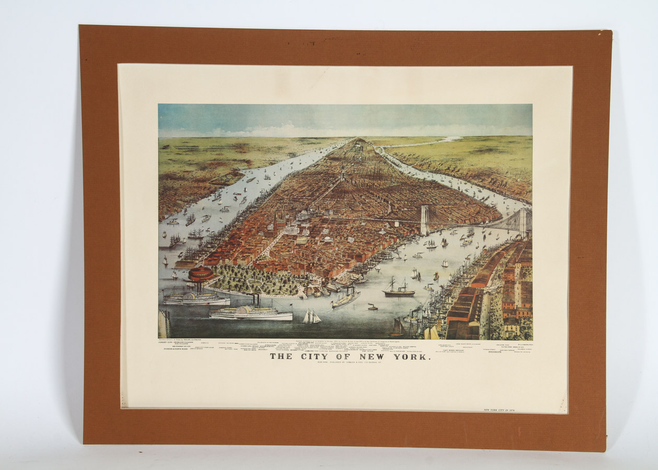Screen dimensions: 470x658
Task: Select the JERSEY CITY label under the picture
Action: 168,345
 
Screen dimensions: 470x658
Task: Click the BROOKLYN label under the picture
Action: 495,352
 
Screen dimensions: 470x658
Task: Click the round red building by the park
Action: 201,274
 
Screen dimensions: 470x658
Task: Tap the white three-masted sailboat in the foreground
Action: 311,316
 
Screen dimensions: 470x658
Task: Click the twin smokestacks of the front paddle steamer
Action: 255,301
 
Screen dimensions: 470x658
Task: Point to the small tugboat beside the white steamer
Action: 372,307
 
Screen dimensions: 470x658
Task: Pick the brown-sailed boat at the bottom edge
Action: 398,328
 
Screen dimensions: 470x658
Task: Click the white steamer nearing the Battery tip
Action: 346,298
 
